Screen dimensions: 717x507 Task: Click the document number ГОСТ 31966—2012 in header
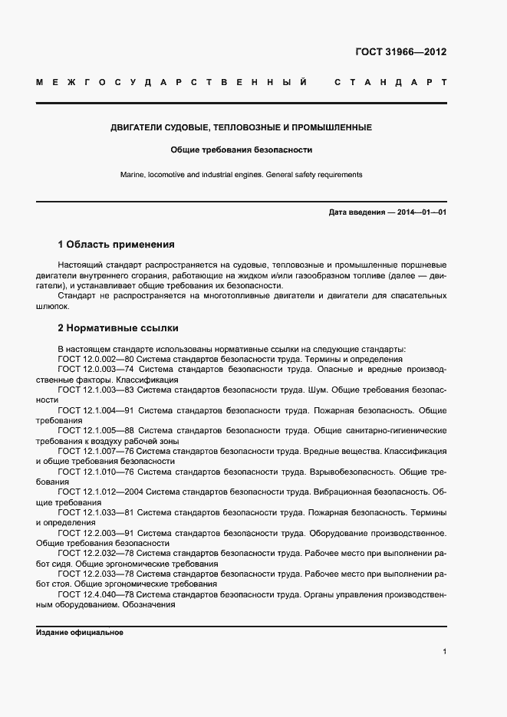pyautogui.click(x=400, y=53)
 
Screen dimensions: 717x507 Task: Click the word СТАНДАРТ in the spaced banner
pyautogui.click(x=390, y=82)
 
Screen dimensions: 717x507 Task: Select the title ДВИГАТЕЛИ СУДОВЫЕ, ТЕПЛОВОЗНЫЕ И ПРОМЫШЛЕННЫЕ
pyautogui.click(x=241, y=127)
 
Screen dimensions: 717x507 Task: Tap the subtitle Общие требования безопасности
pyautogui.click(x=241, y=150)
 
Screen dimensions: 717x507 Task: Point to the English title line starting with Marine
pyautogui.click(x=241, y=175)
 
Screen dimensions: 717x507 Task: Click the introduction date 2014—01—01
pyautogui.click(x=421, y=212)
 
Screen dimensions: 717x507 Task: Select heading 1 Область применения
pyautogui.click(x=117, y=245)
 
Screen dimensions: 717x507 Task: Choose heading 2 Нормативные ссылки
pyautogui.click(x=118, y=328)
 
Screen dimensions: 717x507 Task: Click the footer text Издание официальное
pyautogui.click(x=80, y=633)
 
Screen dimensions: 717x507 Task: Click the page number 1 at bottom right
pyautogui.click(x=444, y=651)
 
